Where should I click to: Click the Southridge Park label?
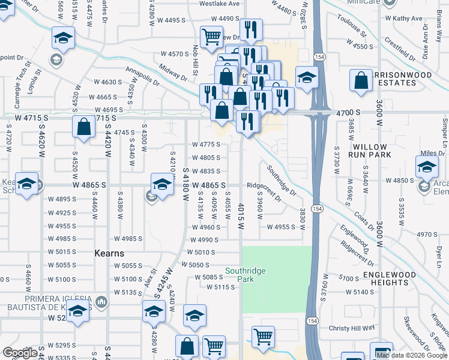tap(245, 275)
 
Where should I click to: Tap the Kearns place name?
tap(109, 253)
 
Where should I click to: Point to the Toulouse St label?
tap(352, 25)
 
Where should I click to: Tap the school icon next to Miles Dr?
tap(427, 166)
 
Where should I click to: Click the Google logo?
tap(20, 353)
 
